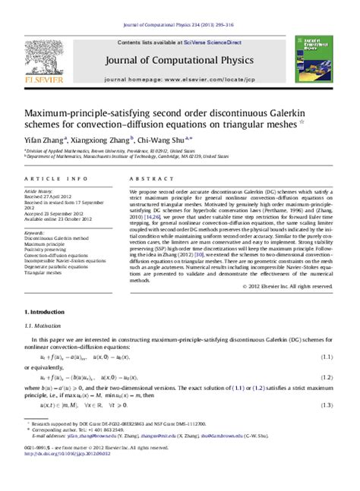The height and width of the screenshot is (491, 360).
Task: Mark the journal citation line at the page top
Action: click(x=179, y=5)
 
